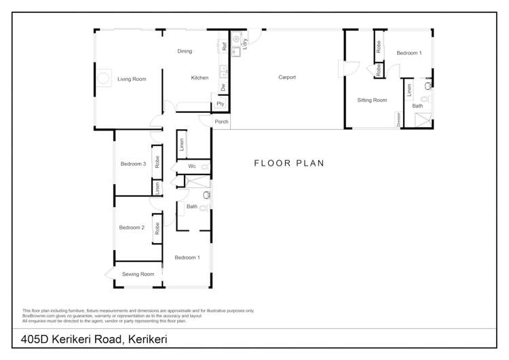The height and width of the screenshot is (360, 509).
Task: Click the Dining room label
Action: pos(185,51)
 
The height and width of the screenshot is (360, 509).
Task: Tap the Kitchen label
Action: pos(200,77)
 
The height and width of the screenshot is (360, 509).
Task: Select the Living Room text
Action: pos(132,79)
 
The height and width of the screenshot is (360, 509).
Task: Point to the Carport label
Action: pos(287,77)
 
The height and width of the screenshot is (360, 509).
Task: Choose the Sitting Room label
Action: pos(372,100)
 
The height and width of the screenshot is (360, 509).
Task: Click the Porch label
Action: pos(221,122)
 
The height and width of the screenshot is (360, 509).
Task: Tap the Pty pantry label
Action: pos(220,104)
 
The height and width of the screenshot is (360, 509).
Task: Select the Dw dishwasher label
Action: pos(223,87)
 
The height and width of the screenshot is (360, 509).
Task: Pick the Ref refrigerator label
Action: pos(223,46)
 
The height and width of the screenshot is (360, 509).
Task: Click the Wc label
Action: pos(192,166)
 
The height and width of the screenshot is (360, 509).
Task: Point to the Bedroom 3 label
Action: pos(133,164)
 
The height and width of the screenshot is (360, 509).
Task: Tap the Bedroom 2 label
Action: pos(132,228)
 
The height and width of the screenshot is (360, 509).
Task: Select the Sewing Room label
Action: pos(138,274)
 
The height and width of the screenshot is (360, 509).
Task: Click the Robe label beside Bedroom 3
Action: pos(157,162)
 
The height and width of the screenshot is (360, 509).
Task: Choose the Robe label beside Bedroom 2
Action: pos(157,229)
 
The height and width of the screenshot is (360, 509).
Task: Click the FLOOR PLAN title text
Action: pos(289,163)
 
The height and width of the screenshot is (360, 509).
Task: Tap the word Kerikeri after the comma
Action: pos(146,338)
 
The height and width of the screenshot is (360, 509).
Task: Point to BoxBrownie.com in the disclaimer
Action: pos(38,316)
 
